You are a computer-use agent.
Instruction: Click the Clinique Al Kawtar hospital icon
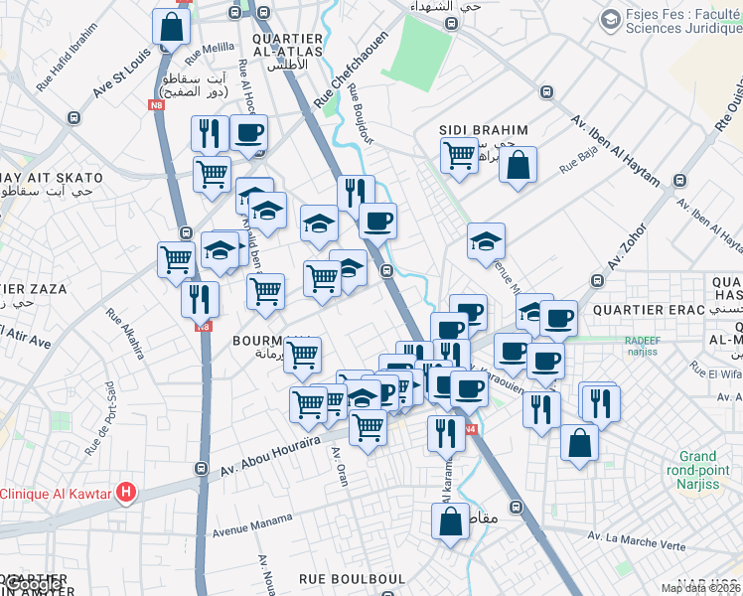(125, 491)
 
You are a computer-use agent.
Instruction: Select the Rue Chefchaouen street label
(335, 80)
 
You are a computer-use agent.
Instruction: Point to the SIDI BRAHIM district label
(484, 131)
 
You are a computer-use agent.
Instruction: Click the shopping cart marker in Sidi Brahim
(459, 154)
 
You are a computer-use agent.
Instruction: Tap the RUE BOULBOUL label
(352, 578)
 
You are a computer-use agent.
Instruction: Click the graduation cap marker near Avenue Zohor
(486, 241)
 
